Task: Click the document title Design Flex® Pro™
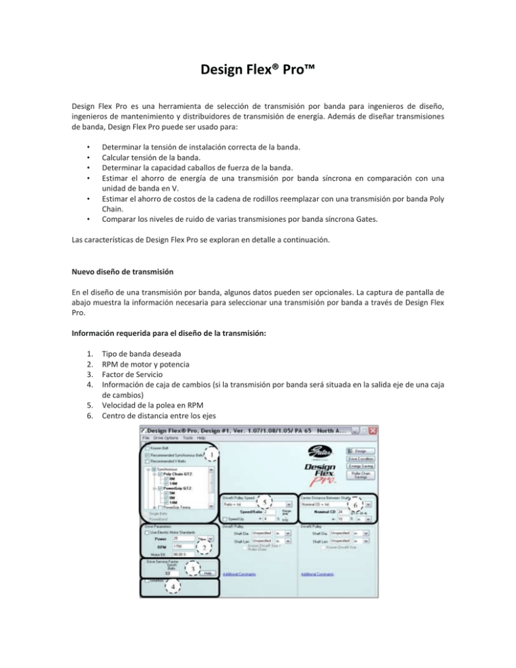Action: (258, 71)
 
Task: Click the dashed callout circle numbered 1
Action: (212, 455)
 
